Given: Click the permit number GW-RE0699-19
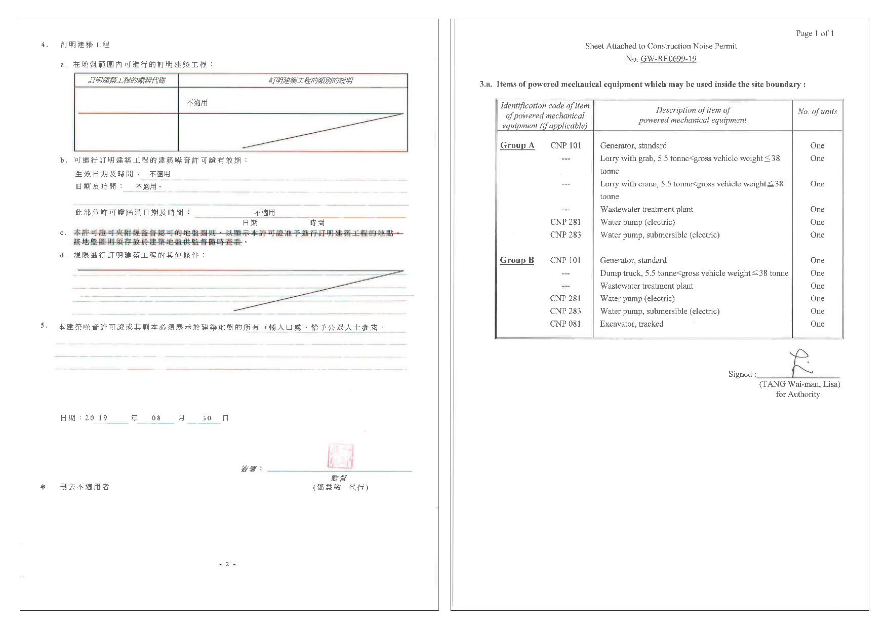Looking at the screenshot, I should [x=668, y=59].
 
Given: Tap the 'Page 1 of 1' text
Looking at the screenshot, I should [x=815, y=33].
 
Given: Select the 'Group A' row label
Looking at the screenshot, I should [x=517, y=145].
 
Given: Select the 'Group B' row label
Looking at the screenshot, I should [x=517, y=260].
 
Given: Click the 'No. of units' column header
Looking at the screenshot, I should [x=817, y=111].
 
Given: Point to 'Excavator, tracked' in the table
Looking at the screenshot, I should [x=631, y=324].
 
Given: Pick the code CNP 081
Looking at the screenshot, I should [x=565, y=324].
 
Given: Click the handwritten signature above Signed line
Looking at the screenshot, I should [x=800, y=363].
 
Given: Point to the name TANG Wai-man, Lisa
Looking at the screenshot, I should [x=799, y=384].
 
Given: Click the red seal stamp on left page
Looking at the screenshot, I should [x=340, y=456].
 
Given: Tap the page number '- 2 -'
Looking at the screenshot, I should [x=227, y=564].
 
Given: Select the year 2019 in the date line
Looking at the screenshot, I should [x=96, y=418].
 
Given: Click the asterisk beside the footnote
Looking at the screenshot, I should [x=43, y=487].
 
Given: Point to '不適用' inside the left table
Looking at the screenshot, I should [x=197, y=103].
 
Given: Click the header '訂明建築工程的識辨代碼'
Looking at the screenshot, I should [x=127, y=81].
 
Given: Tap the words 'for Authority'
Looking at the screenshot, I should [x=797, y=395].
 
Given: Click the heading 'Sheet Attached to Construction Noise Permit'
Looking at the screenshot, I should [x=661, y=46].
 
